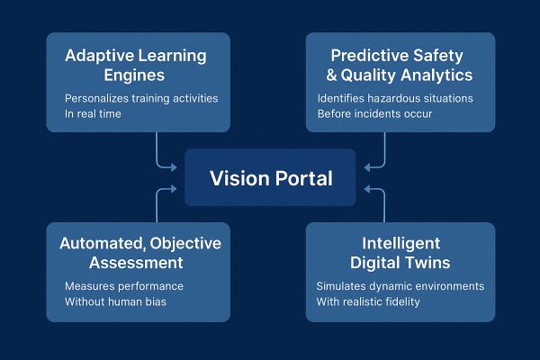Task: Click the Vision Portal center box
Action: pos(271,178)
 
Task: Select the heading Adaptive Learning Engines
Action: pos(136,65)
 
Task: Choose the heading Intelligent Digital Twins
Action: pos(400,253)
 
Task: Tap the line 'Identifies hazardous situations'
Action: pos(395,97)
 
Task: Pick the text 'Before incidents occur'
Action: pos(374,113)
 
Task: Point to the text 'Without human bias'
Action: pos(115,301)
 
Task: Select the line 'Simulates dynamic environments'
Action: pos(400,285)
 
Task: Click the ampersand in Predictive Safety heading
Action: pos(326,75)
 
